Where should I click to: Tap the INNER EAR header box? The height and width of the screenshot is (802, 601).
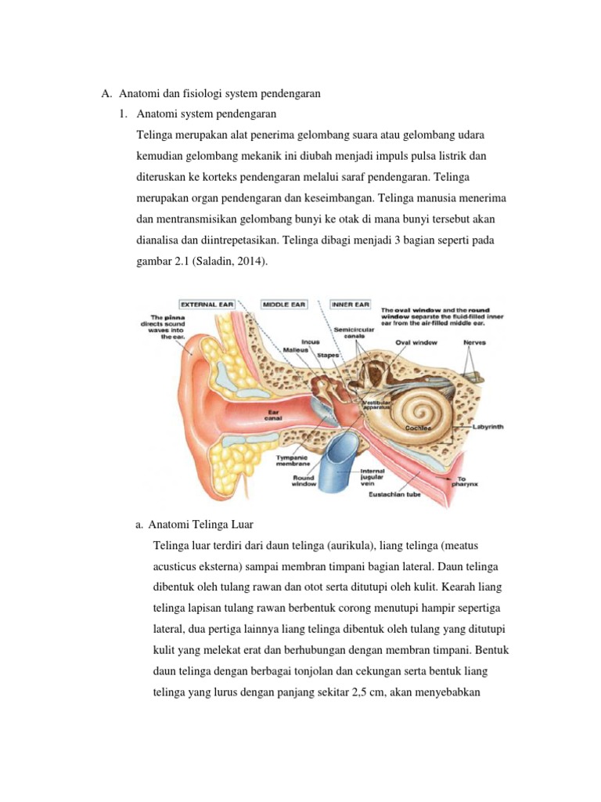point(351,303)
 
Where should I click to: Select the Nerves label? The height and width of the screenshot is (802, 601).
point(474,342)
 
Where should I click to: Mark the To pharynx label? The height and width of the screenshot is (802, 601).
point(466,481)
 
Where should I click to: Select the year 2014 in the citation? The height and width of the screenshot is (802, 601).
point(248,262)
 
